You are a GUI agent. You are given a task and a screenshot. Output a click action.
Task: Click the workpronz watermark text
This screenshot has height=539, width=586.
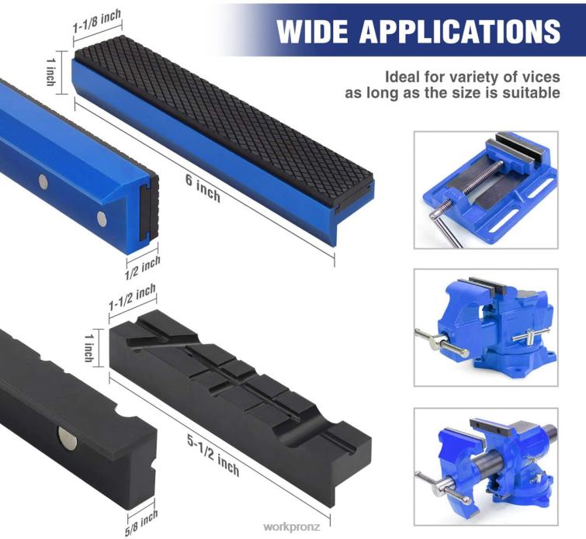tap(292, 526)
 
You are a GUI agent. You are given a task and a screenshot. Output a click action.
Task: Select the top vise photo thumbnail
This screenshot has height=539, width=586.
tap(485, 189)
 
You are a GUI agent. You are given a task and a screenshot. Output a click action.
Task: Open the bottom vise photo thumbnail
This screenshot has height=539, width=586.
tap(485, 466)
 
